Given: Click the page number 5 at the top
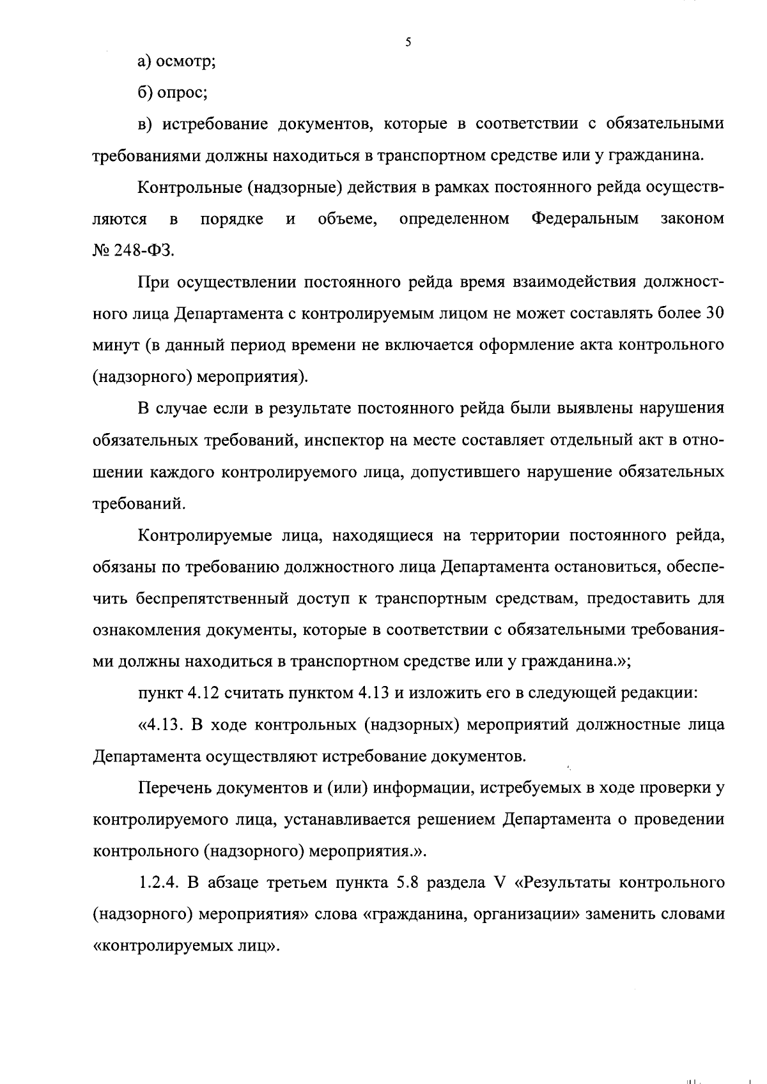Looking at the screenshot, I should [408, 43].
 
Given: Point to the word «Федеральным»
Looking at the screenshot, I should [585, 219].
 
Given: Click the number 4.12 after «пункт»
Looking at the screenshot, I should [217, 694].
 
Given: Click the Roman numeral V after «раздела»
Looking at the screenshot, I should [500, 883].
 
